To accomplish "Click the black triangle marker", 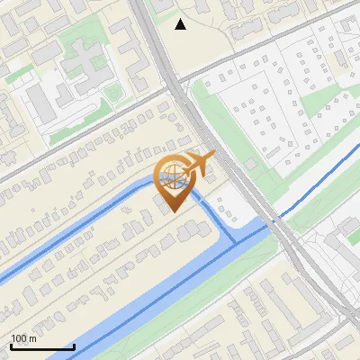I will [181, 24].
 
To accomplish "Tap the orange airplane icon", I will [200, 164].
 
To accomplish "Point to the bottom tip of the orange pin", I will [172, 212].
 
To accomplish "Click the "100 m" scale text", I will [24, 337].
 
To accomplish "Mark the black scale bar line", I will [42, 346].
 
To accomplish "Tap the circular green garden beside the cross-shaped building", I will [114, 94].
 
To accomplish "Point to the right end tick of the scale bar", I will [74, 346].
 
